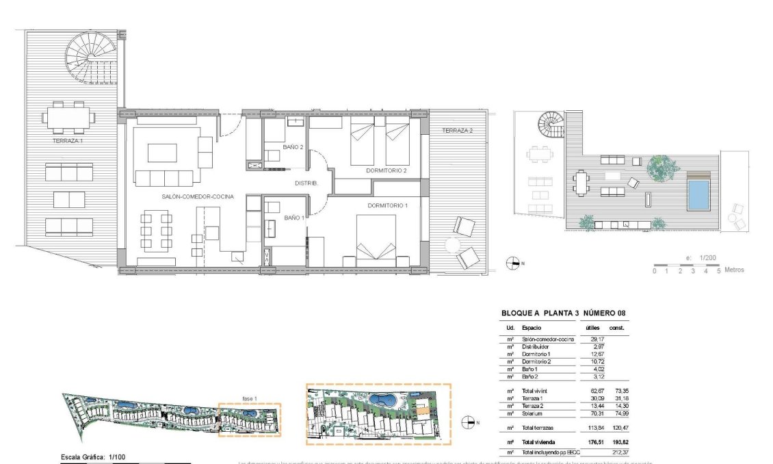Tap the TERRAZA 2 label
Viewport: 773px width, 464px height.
[x=457, y=131]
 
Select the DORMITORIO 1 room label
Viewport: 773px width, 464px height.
[x=387, y=205]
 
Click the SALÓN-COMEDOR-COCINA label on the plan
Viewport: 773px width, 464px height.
[x=198, y=196]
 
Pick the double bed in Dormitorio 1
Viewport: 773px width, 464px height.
[x=376, y=240]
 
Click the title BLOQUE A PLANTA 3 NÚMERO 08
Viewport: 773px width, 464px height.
[x=563, y=313]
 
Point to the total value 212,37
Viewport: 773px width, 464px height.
[x=619, y=452]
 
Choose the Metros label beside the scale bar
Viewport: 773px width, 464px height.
[x=734, y=270]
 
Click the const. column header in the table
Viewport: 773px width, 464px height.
[x=618, y=328]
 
